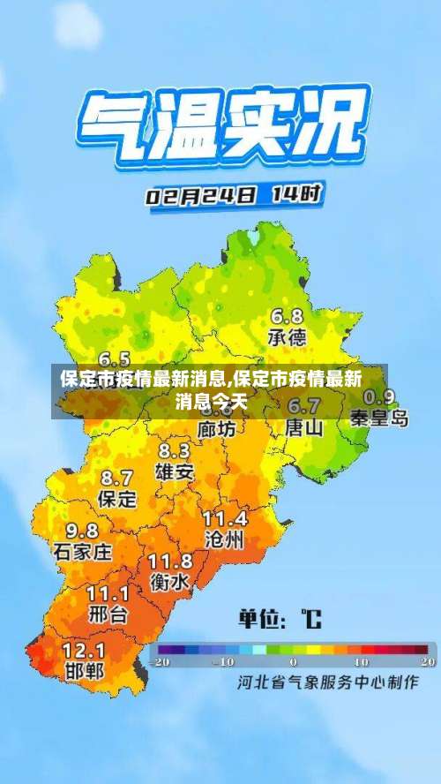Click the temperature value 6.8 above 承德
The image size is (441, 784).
click(287, 316)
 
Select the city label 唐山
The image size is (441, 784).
click(304, 428)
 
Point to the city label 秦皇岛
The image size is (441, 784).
click(379, 418)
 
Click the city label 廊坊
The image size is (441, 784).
click(216, 429)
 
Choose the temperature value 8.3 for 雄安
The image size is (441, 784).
click(174, 450)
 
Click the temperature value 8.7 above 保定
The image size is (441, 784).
click(117, 478)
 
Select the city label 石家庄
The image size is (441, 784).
click(83, 552)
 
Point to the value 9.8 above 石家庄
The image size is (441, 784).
click(82, 531)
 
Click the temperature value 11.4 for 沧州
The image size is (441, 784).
click(225, 518)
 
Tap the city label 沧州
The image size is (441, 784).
click(223, 540)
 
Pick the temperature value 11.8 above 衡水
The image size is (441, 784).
click(169, 561)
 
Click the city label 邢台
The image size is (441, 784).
click(108, 613)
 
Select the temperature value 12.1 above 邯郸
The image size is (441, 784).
click(84, 650)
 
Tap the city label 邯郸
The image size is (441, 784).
click(84, 671)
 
